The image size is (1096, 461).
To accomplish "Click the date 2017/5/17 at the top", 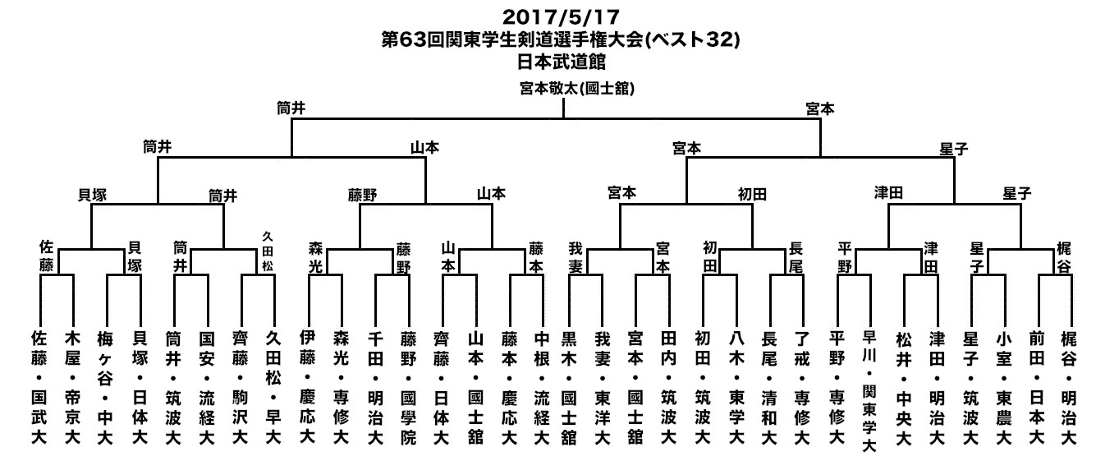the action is point(561,17).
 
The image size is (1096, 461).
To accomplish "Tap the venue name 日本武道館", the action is point(562,62).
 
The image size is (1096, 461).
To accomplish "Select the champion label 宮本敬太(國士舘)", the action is point(577,89).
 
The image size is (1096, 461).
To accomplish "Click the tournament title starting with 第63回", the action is point(561,39).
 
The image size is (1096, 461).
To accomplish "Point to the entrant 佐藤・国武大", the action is point(39,388).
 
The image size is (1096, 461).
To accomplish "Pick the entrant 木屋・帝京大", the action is point(72,388).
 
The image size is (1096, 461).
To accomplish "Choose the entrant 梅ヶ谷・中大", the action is point(105,388).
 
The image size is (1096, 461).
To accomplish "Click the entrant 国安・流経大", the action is point(207,388).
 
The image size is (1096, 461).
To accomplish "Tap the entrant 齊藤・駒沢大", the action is point(240,388).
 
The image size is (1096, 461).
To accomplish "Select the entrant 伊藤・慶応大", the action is point(307,386).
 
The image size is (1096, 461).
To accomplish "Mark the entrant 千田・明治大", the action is point(375,388).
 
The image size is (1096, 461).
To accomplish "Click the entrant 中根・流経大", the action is point(541,388).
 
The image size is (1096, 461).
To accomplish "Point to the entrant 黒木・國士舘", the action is point(569,388).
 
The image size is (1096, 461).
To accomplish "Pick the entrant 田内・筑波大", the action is point(668,388).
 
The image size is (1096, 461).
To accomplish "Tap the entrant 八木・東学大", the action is point(736,388).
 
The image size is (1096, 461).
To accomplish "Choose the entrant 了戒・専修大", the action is point(801,388).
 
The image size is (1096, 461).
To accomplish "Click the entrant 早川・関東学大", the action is point(869,391).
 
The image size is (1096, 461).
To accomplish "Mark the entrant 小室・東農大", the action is point(1004,388).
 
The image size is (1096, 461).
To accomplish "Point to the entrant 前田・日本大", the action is point(1036,388).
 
